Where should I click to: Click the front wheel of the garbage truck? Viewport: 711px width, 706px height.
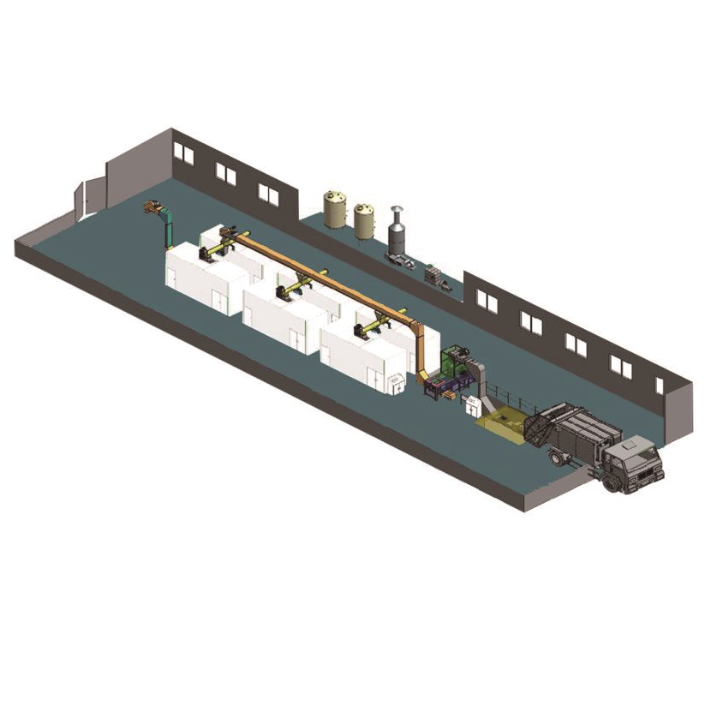pos(611,483)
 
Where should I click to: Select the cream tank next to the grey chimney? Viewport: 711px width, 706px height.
pos(366,219)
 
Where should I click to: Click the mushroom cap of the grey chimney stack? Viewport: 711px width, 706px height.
pos(396,212)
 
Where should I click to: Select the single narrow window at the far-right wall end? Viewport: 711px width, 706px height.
pos(659,385)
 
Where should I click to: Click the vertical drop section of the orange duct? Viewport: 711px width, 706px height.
pos(421,351)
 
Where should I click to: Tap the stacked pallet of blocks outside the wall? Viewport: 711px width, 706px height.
pos(437,276)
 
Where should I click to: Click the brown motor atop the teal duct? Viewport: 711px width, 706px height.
pos(153,206)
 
